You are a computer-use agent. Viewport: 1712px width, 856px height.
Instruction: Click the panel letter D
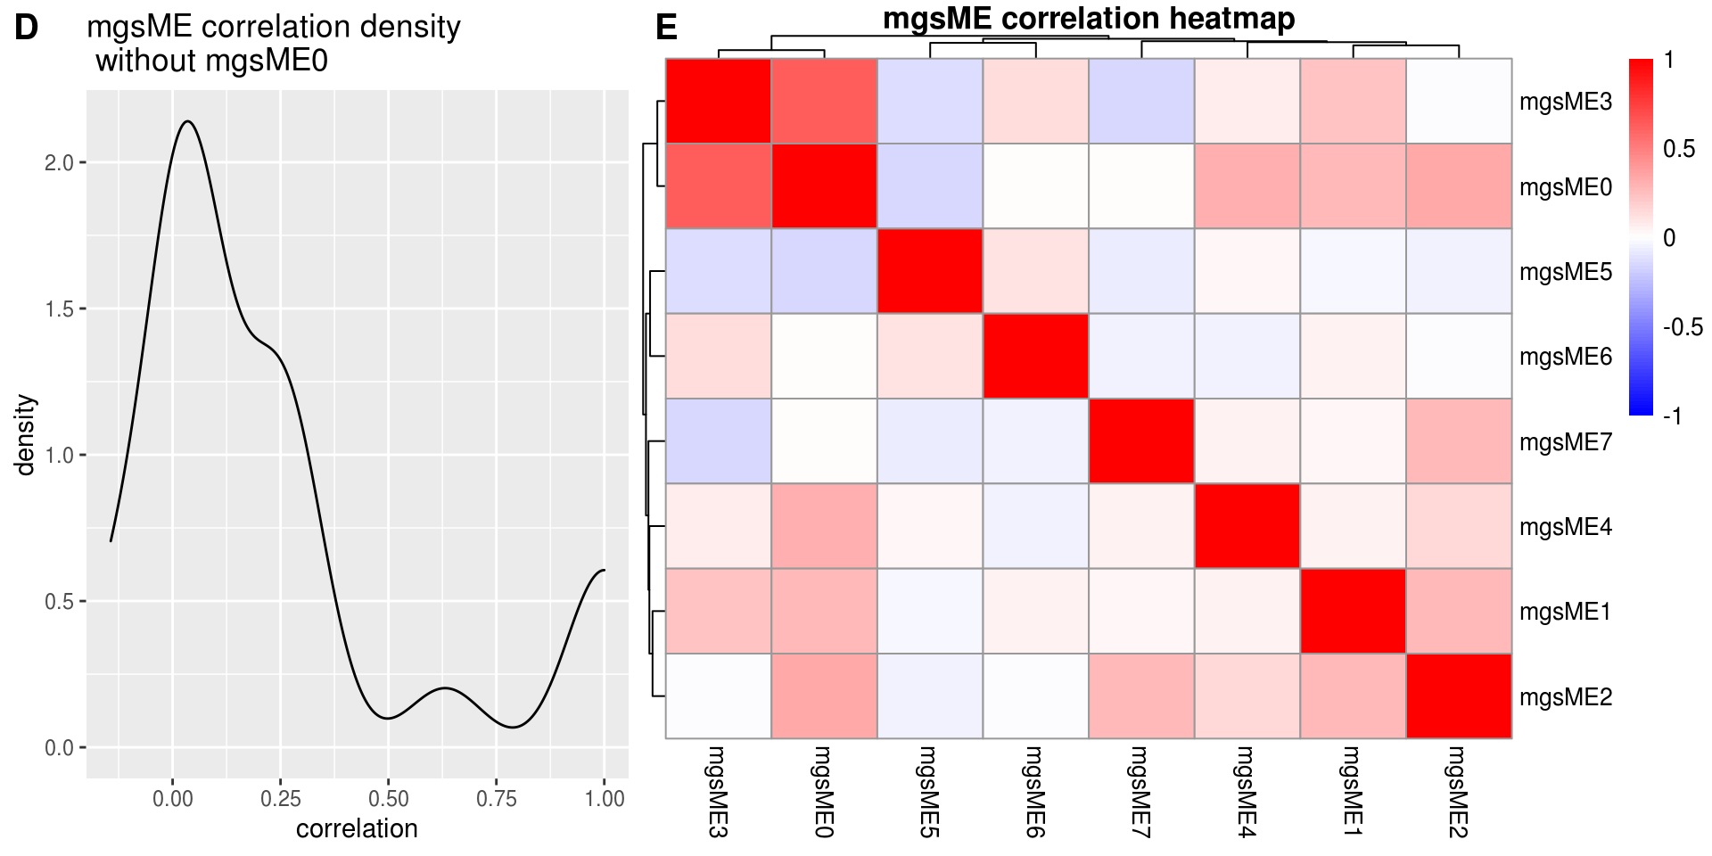point(27,28)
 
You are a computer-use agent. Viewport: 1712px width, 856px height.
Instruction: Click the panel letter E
point(666,28)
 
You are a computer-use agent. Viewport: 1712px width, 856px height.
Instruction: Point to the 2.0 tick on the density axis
point(61,163)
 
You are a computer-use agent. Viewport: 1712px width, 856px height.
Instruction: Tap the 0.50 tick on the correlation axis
point(388,799)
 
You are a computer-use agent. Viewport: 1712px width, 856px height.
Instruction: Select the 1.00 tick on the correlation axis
point(604,799)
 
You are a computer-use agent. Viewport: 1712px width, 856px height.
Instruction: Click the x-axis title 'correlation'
point(357,829)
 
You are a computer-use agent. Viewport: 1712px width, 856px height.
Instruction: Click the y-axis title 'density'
point(26,435)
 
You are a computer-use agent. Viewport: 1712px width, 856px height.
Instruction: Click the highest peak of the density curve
point(187,121)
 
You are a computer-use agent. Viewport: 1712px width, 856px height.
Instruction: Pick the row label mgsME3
point(1565,102)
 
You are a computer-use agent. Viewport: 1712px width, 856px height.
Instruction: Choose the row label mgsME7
point(1565,442)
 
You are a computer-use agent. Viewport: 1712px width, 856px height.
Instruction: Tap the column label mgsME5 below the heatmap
point(929,792)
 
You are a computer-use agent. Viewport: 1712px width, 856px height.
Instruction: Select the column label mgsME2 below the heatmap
point(1458,792)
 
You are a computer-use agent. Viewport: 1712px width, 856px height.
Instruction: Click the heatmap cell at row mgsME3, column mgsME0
point(824,101)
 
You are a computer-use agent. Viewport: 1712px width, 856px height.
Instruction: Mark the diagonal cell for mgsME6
point(1035,356)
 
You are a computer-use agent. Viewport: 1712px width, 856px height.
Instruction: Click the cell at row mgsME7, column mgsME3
point(719,441)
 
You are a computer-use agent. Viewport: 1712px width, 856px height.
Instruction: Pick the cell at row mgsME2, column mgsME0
point(824,696)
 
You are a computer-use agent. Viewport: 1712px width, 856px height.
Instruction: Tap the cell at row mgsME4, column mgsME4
point(1247,526)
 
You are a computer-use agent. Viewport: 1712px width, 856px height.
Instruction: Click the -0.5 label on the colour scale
point(1683,327)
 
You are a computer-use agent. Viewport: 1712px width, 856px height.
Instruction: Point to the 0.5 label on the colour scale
point(1679,149)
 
